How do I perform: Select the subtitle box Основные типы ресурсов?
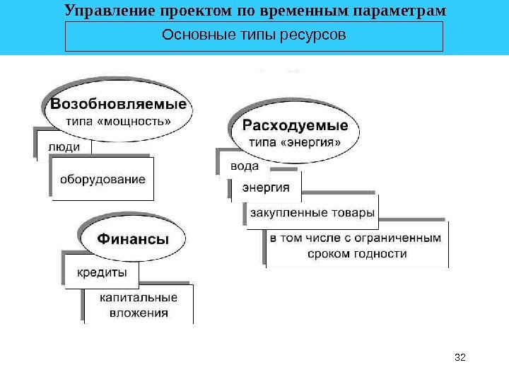(253, 36)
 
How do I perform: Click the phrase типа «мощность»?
(118, 120)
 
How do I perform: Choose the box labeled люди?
(64, 146)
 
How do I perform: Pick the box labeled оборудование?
(103, 179)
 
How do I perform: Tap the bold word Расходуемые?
(296, 126)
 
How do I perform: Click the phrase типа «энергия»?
(296, 142)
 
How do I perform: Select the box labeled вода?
(245, 168)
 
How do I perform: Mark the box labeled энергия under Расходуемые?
(267, 187)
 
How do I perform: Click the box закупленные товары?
(312, 212)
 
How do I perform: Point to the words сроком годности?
(358, 253)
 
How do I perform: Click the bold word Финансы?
(133, 239)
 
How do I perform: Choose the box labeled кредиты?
(103, 272)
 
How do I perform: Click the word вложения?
(139, 313)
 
